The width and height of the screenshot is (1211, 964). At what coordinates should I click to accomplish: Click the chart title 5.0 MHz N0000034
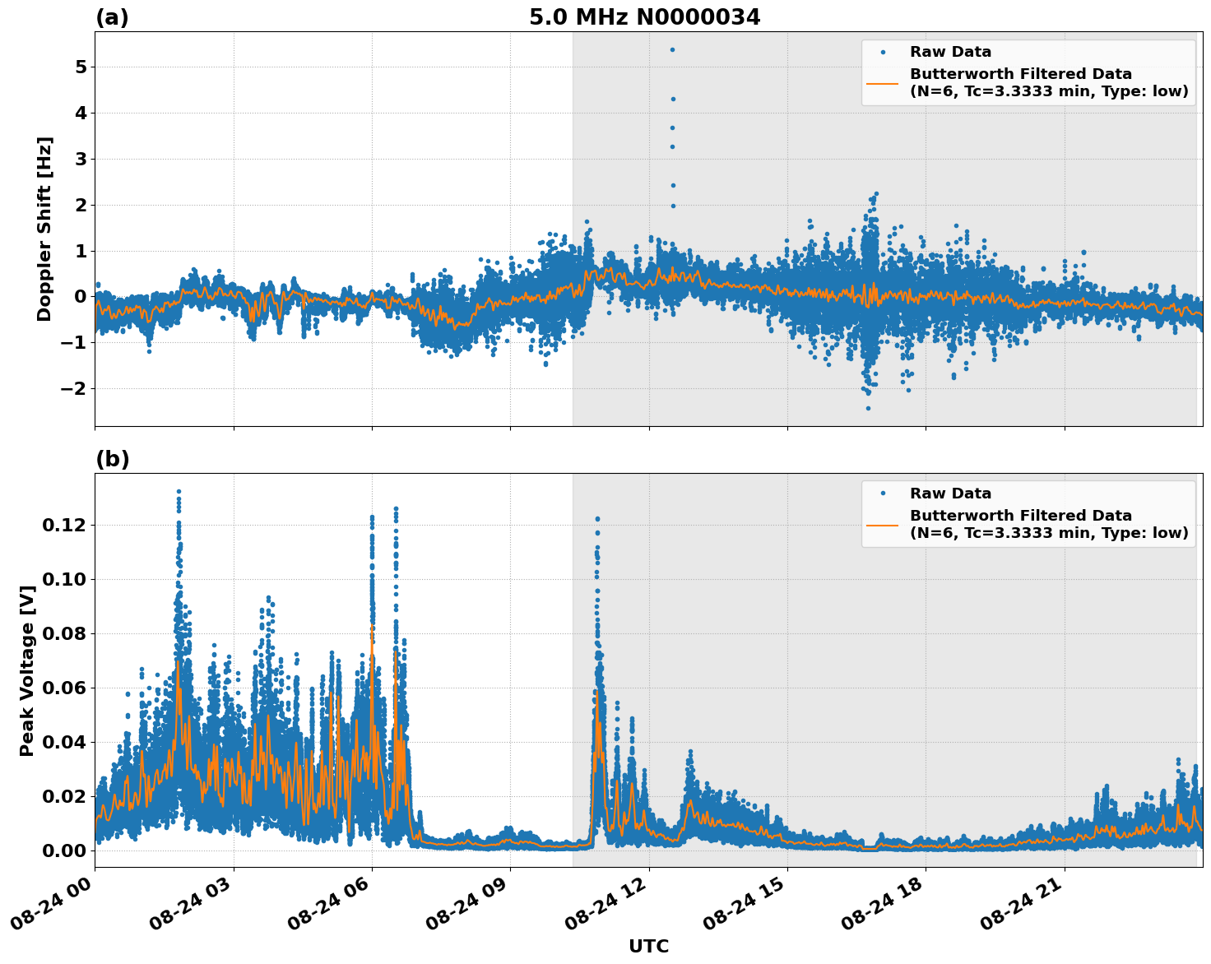(644, 17)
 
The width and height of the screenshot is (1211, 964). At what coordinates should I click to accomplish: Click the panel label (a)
(112, 17)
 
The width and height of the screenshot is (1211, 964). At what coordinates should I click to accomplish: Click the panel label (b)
(112, 459)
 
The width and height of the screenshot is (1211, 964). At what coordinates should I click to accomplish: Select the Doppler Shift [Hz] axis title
(44, 229)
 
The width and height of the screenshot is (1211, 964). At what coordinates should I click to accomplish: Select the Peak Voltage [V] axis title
(27, 670)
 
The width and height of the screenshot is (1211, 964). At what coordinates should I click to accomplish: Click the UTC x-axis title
(648, 946)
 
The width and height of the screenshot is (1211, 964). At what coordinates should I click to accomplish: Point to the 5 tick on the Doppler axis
(81, 67)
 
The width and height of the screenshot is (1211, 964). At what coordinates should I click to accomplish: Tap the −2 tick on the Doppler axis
(74, 388)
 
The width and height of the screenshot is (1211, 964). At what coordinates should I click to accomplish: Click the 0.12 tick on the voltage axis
(68, 525)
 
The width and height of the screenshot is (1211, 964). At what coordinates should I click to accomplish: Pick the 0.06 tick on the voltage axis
(68, 688)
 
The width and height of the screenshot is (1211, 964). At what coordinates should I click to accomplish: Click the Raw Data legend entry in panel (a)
(950, 52)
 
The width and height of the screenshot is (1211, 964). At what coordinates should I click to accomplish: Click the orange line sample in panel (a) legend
(883, 83)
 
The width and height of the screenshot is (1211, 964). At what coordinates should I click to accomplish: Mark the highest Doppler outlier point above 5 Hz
(672, 49)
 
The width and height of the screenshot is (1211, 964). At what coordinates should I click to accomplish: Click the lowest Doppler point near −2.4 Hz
(867, 408)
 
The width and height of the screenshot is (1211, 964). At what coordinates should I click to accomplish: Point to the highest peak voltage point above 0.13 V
(179, 492)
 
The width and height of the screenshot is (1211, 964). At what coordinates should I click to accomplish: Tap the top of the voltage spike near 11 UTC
(597, 519)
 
